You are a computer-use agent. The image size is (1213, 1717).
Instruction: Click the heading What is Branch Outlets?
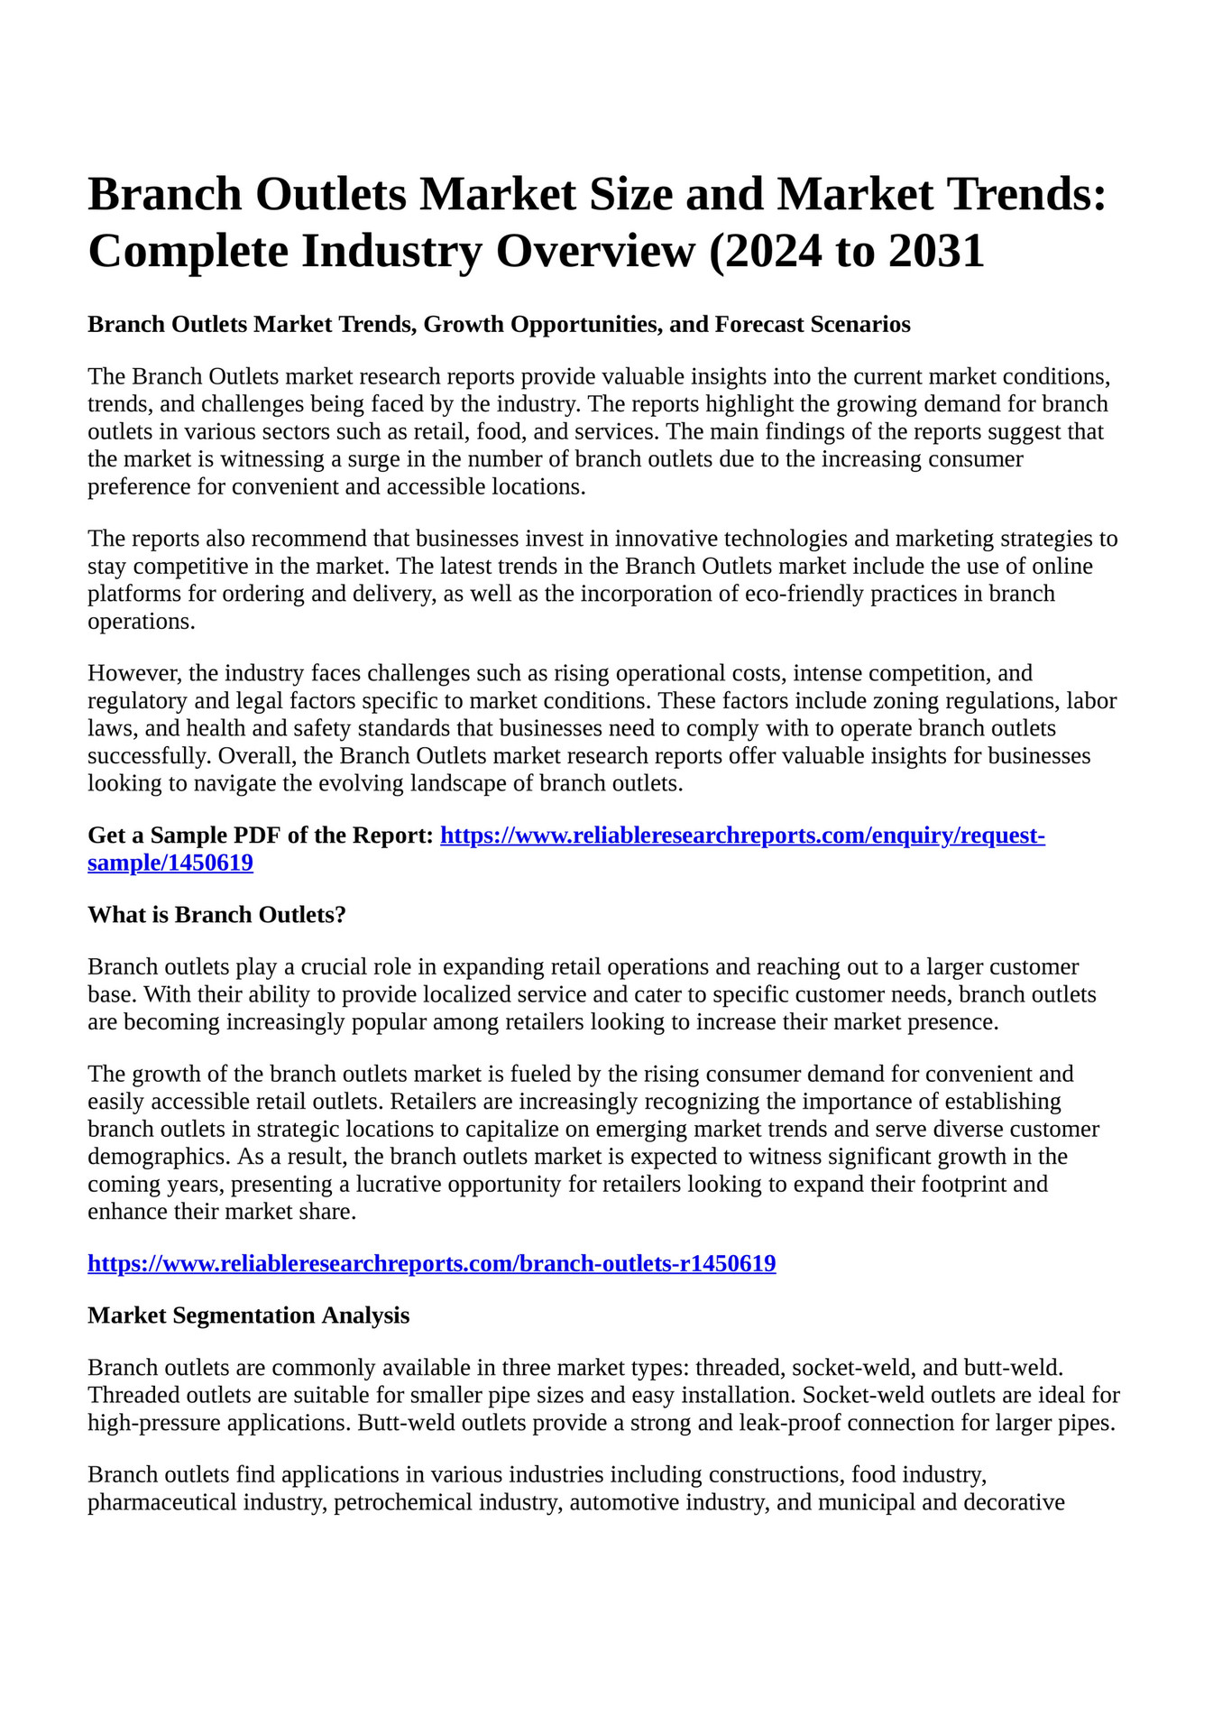pyautogui.click(x=216, y=916)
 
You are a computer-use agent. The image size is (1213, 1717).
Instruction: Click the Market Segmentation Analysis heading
pyautogui.click(x=248, y=1316)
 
